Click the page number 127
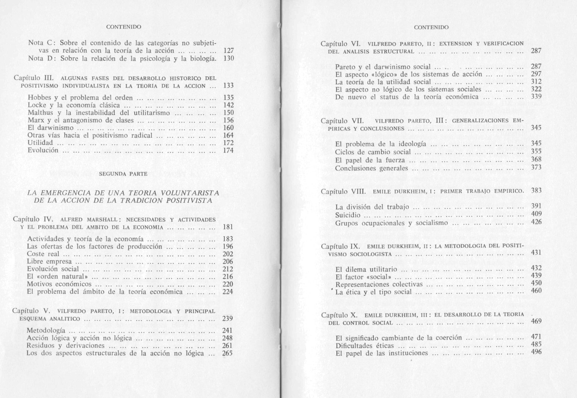[228, 51]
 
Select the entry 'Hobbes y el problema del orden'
[80, 98]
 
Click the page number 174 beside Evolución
[228, 151]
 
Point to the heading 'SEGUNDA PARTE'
[123, 174]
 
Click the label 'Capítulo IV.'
[34, 219]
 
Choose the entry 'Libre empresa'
[49, 262]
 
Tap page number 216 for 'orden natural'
[228, 277]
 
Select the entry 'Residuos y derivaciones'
[65, 346]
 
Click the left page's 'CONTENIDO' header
[124, 27]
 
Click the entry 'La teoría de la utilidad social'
[383, 82]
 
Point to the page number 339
[536, 97]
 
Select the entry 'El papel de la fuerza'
[370, 160]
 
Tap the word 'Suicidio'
[348, 215]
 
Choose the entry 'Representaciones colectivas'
[379, 285]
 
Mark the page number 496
[536, 352]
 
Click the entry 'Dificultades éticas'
[365, 346]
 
